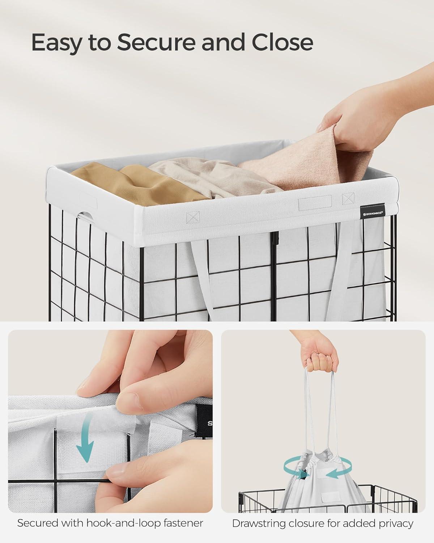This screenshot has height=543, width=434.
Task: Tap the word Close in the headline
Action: click(282, 42)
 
